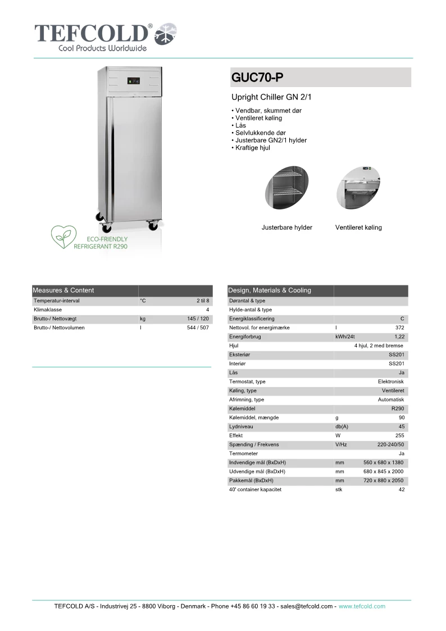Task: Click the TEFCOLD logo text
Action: (93, 33)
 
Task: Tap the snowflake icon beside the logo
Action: (166, 34)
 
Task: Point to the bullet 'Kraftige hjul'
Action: (252, 148)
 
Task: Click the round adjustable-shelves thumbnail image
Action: (286, 189)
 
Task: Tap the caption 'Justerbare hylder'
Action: (286, 228)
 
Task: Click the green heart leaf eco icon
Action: (63, 237)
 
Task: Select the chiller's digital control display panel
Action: (134, 80)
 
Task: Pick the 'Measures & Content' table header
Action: (63, 290)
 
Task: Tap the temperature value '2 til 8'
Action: (203, 301)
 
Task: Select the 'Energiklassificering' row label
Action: (252, 319)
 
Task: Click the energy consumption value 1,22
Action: (399, 337)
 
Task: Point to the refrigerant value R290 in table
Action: (398, 408)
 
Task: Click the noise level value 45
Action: (401, 426)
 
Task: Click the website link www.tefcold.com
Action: (362, 606)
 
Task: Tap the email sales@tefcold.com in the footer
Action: (307, 606)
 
